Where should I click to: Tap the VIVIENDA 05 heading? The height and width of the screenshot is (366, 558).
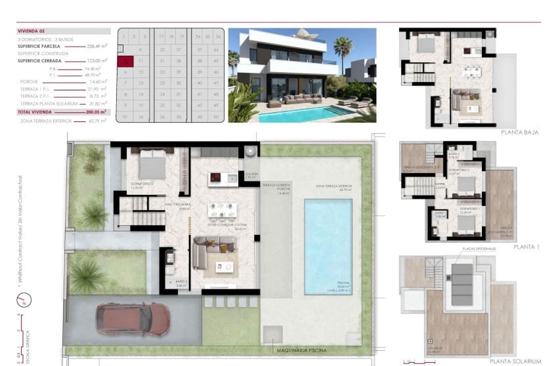pos(32,30)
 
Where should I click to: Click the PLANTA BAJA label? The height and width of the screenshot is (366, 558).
pos(519,132)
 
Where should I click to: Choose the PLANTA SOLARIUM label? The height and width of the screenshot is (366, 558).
pos(515,361)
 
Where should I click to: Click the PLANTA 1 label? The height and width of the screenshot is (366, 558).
pos(526,247)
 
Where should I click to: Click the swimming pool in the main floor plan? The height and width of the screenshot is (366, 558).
pos(328,246)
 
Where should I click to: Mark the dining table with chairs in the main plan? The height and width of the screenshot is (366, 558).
pos(222,210)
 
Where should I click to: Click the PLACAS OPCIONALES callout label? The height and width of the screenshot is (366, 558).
pos(479,249)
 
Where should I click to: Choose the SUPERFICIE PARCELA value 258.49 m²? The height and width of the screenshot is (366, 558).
pos(98,47)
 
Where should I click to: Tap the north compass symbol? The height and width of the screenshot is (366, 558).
pos(22,301)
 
